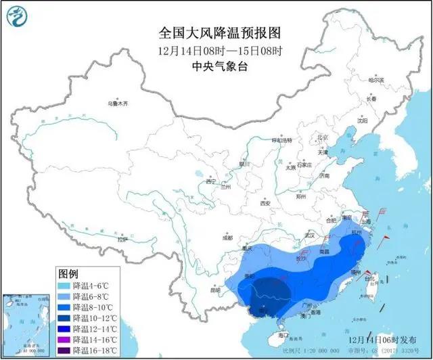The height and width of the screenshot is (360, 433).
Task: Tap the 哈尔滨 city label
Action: click(375, 80)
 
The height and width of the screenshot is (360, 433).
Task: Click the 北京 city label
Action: click(323, 137)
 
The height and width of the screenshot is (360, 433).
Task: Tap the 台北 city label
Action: click(369, 278)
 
